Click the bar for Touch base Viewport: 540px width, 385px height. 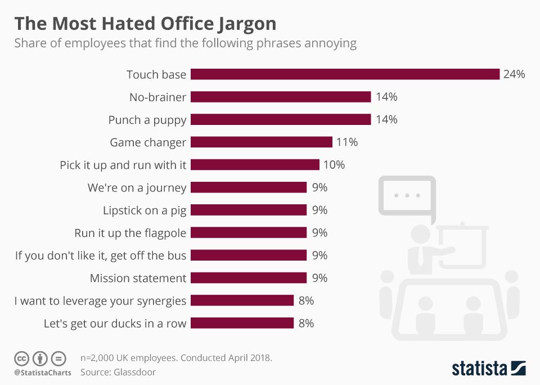click(345, 74)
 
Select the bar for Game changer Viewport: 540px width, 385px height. click(261, 142)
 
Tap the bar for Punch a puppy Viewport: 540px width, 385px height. click(281, 119)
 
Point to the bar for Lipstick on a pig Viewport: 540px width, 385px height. click(248, 210)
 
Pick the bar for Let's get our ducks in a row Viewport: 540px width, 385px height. click(242, 323)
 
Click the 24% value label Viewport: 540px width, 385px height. click(514, 74)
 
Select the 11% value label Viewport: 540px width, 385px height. click(346, 142)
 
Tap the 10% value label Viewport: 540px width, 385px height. click(334, 165)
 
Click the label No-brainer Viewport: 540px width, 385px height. click(157, 97)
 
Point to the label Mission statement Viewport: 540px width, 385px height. click(138, 278)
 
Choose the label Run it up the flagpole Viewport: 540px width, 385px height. click(130, 232)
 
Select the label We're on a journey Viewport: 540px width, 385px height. click(137, 187)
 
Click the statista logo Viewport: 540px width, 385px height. click(488, 368)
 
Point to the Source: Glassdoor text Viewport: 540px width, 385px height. click(118, 372)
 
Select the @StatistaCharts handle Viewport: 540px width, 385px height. click(43, 373)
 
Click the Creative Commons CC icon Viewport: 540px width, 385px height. click(21, 359)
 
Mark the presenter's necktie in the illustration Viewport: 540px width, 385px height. click(420, 257)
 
